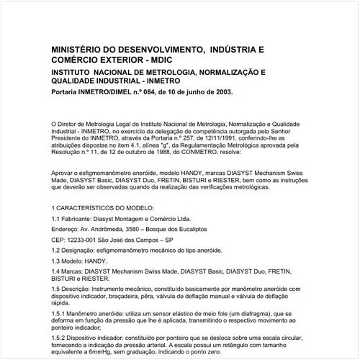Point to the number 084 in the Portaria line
click(x=156, y=92)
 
